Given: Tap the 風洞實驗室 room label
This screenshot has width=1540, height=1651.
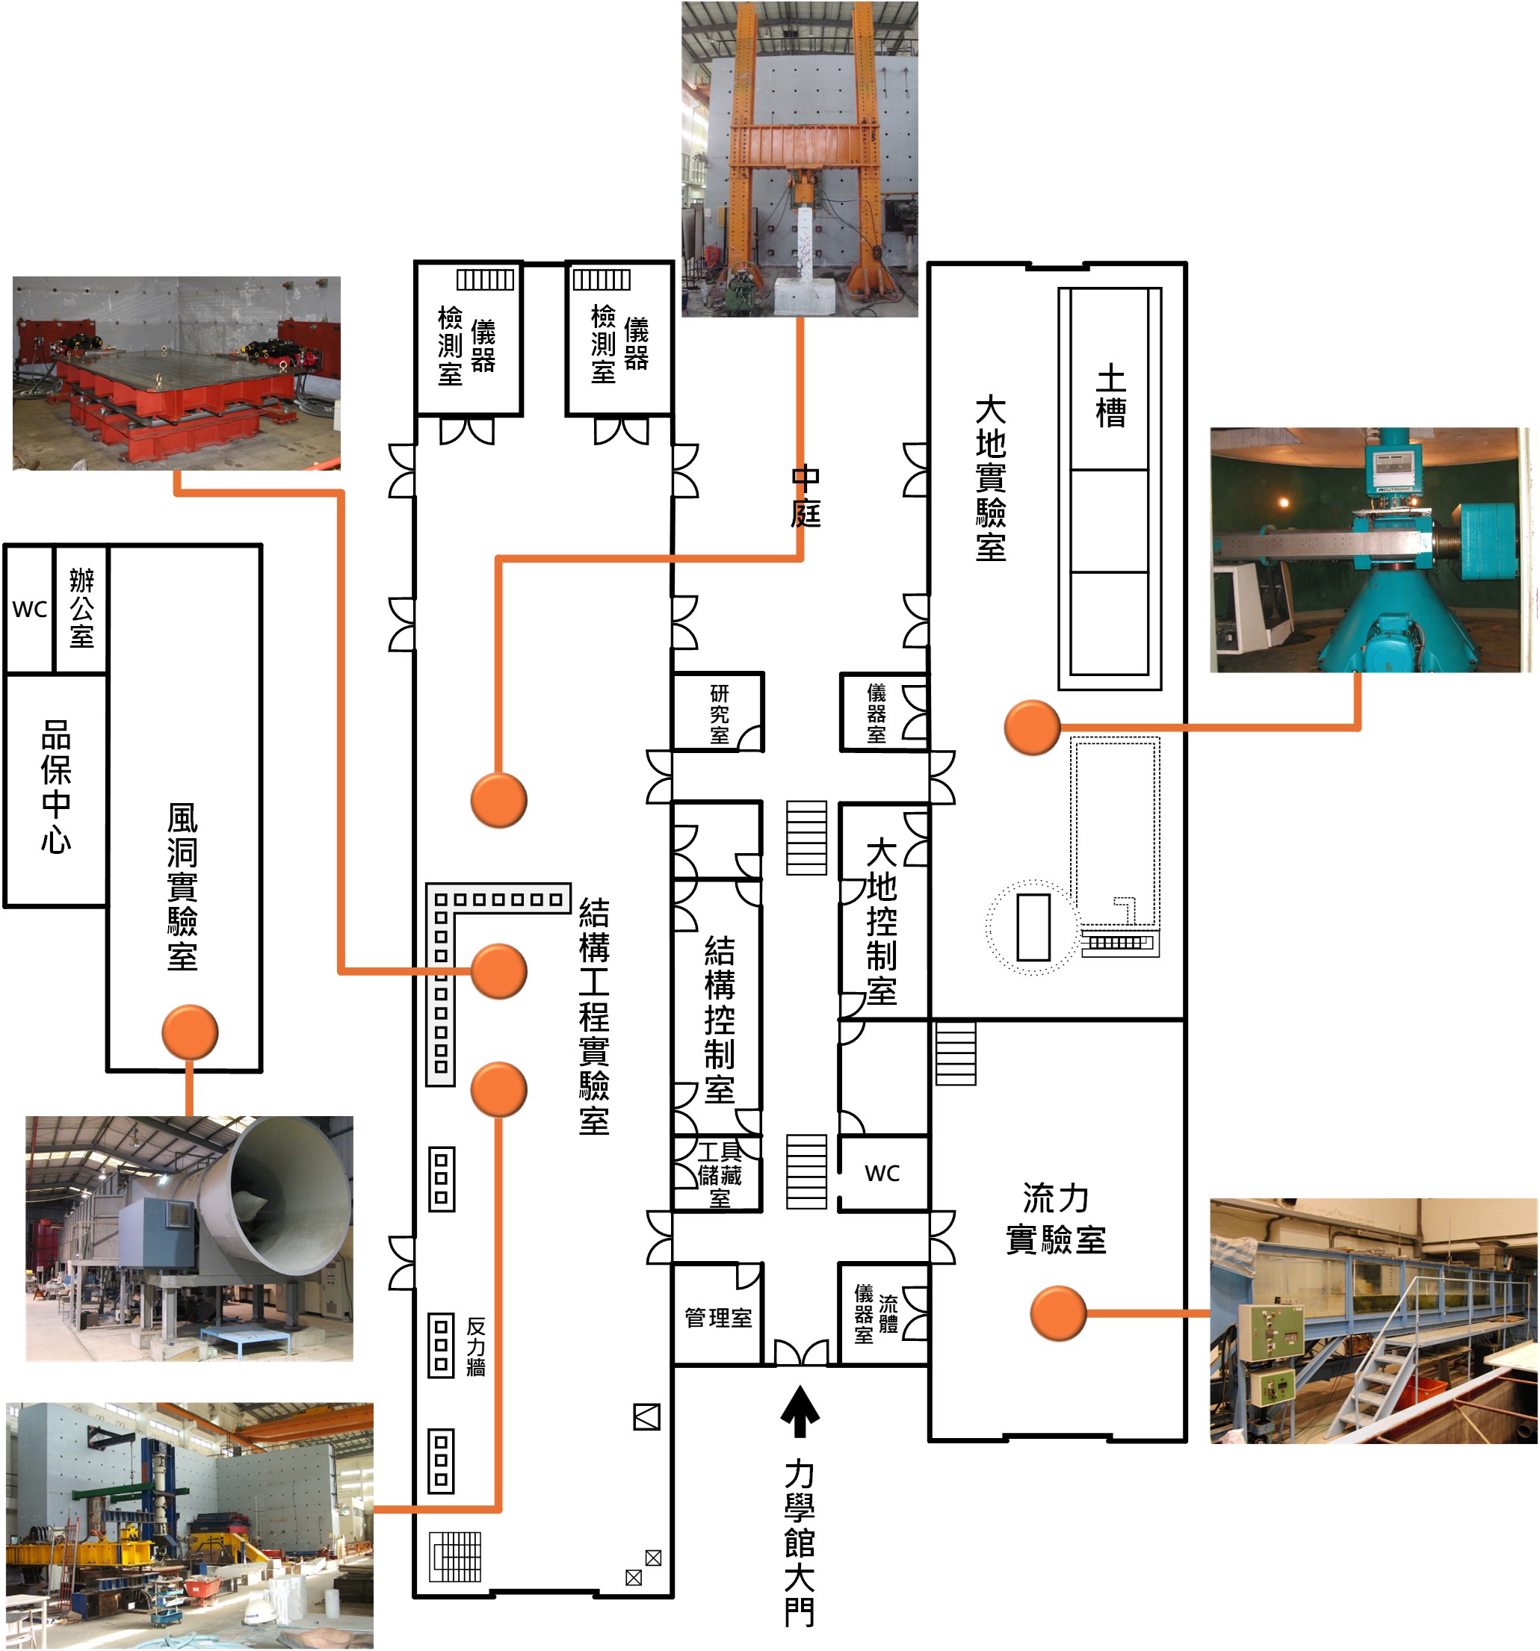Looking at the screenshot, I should coord(183,886).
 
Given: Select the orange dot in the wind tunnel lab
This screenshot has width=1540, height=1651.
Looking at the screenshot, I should coord(189,1032).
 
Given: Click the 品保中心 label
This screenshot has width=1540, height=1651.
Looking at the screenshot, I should coord(55,787).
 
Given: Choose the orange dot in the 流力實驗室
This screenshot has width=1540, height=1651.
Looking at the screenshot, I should coord(1057,1313).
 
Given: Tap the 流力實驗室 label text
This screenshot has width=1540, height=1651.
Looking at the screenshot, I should coord(1056,1218).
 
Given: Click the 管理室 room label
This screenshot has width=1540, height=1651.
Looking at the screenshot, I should coord(717,1317).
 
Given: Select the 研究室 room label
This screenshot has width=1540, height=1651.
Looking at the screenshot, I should coord(720,713).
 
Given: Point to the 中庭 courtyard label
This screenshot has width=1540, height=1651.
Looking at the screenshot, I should coord(805,496).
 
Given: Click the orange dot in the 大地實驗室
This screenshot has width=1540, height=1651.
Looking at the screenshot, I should coord(1032,728).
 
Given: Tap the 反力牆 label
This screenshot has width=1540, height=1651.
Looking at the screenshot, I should coord(476,1346).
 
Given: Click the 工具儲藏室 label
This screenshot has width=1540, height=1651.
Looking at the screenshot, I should coord(720,1174).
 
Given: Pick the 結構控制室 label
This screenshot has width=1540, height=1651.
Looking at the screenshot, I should coord(720,1020).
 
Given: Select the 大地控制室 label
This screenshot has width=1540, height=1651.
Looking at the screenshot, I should coord(881,921).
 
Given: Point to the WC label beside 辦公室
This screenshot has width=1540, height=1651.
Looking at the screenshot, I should coord(29,609).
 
